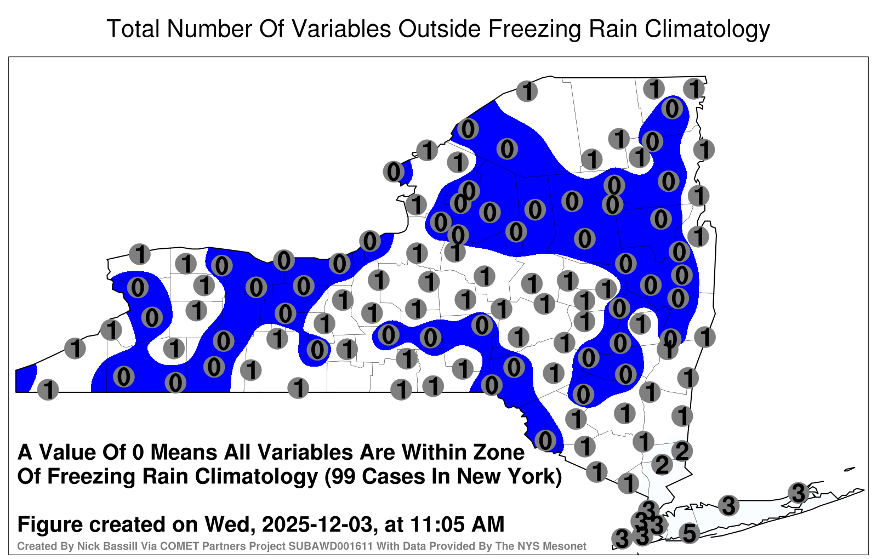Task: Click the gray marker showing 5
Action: pyautogui.click(x=690, y=533)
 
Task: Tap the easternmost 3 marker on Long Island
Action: pyautogui.click(x=798, y=493)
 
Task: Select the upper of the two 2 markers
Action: pyautogui.click(x=682, y=451)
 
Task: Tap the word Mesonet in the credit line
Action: pyautogui.click(x=568, y=546)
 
